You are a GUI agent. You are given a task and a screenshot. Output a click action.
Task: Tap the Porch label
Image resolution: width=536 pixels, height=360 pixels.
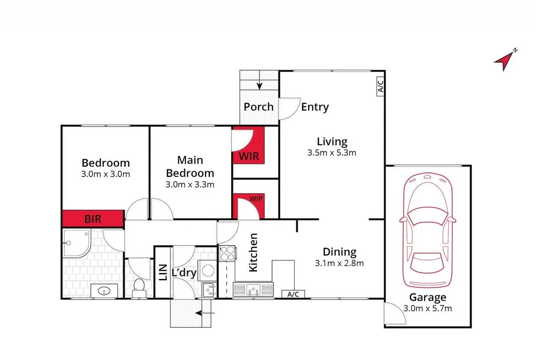(x=259, y=107)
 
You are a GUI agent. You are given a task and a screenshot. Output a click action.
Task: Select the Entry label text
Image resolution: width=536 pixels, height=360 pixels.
(x=315, y=107)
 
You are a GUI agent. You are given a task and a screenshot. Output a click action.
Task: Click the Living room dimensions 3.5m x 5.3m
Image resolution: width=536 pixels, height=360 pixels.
(x=332, y=153)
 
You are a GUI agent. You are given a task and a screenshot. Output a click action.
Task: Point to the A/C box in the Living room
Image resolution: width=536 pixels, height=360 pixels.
(x=379, y=85)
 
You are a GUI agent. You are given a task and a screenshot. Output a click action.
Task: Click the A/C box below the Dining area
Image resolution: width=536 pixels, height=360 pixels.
(x=293, y=294)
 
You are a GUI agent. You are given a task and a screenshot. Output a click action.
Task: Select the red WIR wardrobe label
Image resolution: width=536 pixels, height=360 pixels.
(x=249, y=157)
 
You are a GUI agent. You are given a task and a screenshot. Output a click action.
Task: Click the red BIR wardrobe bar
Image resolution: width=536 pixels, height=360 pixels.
(x=93, y=219)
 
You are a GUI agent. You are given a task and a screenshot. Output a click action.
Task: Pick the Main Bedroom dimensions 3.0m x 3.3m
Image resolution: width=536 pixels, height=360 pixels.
(x=190, y=184)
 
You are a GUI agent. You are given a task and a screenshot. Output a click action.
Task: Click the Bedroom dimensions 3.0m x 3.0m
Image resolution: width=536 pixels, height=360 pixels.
(x=106, y=174)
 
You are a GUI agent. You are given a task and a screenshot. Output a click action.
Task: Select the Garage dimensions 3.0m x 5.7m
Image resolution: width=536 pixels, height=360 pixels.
(x=428, y=308)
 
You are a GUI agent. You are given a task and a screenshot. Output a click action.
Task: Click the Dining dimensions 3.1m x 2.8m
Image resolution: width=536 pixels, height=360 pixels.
(x=339, y=263)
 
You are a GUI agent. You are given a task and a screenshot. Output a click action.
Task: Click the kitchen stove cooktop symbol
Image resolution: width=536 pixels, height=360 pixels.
(x=227, y=253)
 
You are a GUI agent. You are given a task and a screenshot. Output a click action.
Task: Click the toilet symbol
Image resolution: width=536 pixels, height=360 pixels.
(x=138, y=287)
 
